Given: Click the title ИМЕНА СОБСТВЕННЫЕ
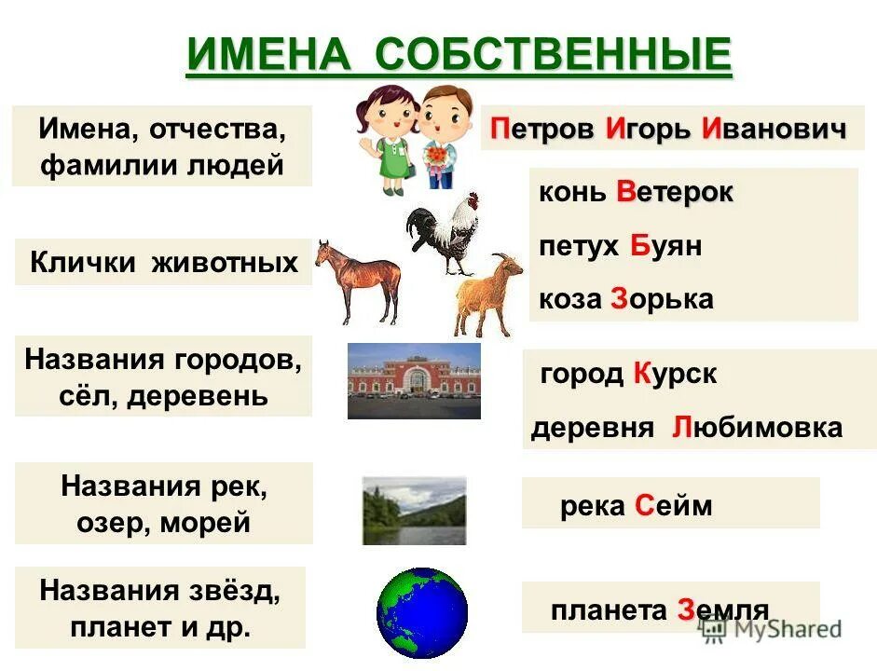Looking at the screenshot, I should [459, 55].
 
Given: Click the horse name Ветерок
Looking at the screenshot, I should [675, 193].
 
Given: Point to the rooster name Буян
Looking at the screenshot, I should [665, 247].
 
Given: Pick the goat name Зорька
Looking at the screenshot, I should [662, 299].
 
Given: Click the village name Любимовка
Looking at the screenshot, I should [756, 428].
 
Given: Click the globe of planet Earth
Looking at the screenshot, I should [421, 613].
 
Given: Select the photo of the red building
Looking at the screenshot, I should [414, 380].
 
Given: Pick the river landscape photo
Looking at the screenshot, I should [414, 510].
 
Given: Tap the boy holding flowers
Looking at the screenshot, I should [439, 140].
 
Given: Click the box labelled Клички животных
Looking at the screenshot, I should [163, 262].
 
